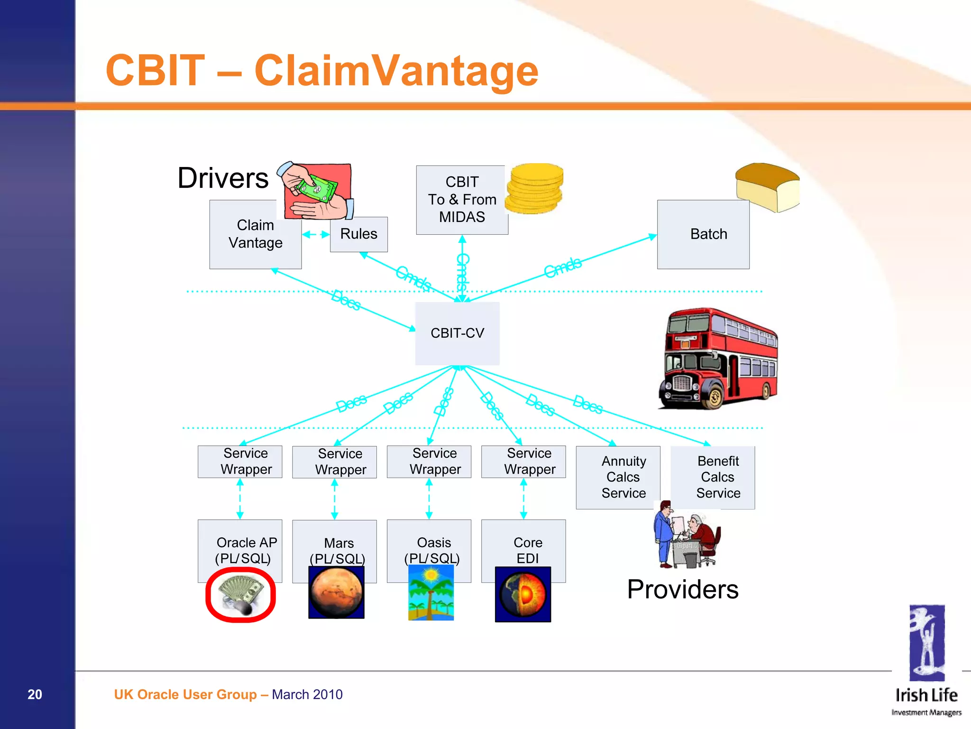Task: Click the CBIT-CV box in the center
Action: point(457,333)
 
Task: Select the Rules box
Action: point(358,234)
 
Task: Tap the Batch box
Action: point(703,234)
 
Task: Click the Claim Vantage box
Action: point(255,234)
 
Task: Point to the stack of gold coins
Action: point(534,188)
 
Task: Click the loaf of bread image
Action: point(767,187)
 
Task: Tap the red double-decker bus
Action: point(718,359)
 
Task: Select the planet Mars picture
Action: point(336,592)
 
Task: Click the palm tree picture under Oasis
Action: point(431,592)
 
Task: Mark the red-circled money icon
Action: point(240,595)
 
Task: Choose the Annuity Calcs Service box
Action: point(623,477)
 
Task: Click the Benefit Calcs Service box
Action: point(718,477)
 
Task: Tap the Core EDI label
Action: point(527,550)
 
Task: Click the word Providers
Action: point(682,590)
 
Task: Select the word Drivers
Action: point(223,178)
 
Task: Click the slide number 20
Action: point(35,694)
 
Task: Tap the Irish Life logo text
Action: point(926,695)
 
